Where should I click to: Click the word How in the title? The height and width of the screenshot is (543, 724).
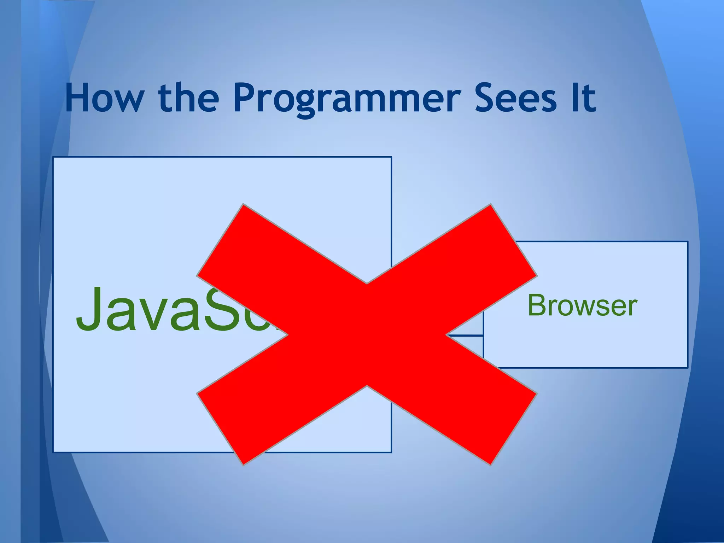pos(105,98)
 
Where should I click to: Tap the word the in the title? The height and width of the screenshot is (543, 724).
pos(188,98)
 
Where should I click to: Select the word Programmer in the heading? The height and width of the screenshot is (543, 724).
pos(347,99)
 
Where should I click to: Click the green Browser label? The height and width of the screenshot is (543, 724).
pos(582,305)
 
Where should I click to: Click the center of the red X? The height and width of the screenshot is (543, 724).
pos(367,334)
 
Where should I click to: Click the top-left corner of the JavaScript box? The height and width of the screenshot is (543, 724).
pos(53,157)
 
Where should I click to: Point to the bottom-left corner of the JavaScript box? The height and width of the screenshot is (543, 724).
pos(53,452)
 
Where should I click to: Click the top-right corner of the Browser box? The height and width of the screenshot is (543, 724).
pos(687,242)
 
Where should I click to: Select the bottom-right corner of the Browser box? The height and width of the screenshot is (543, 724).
pos(687,368)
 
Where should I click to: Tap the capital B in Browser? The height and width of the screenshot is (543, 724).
pos(537,305)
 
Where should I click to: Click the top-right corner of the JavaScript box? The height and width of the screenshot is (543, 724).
pos(391,157)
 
